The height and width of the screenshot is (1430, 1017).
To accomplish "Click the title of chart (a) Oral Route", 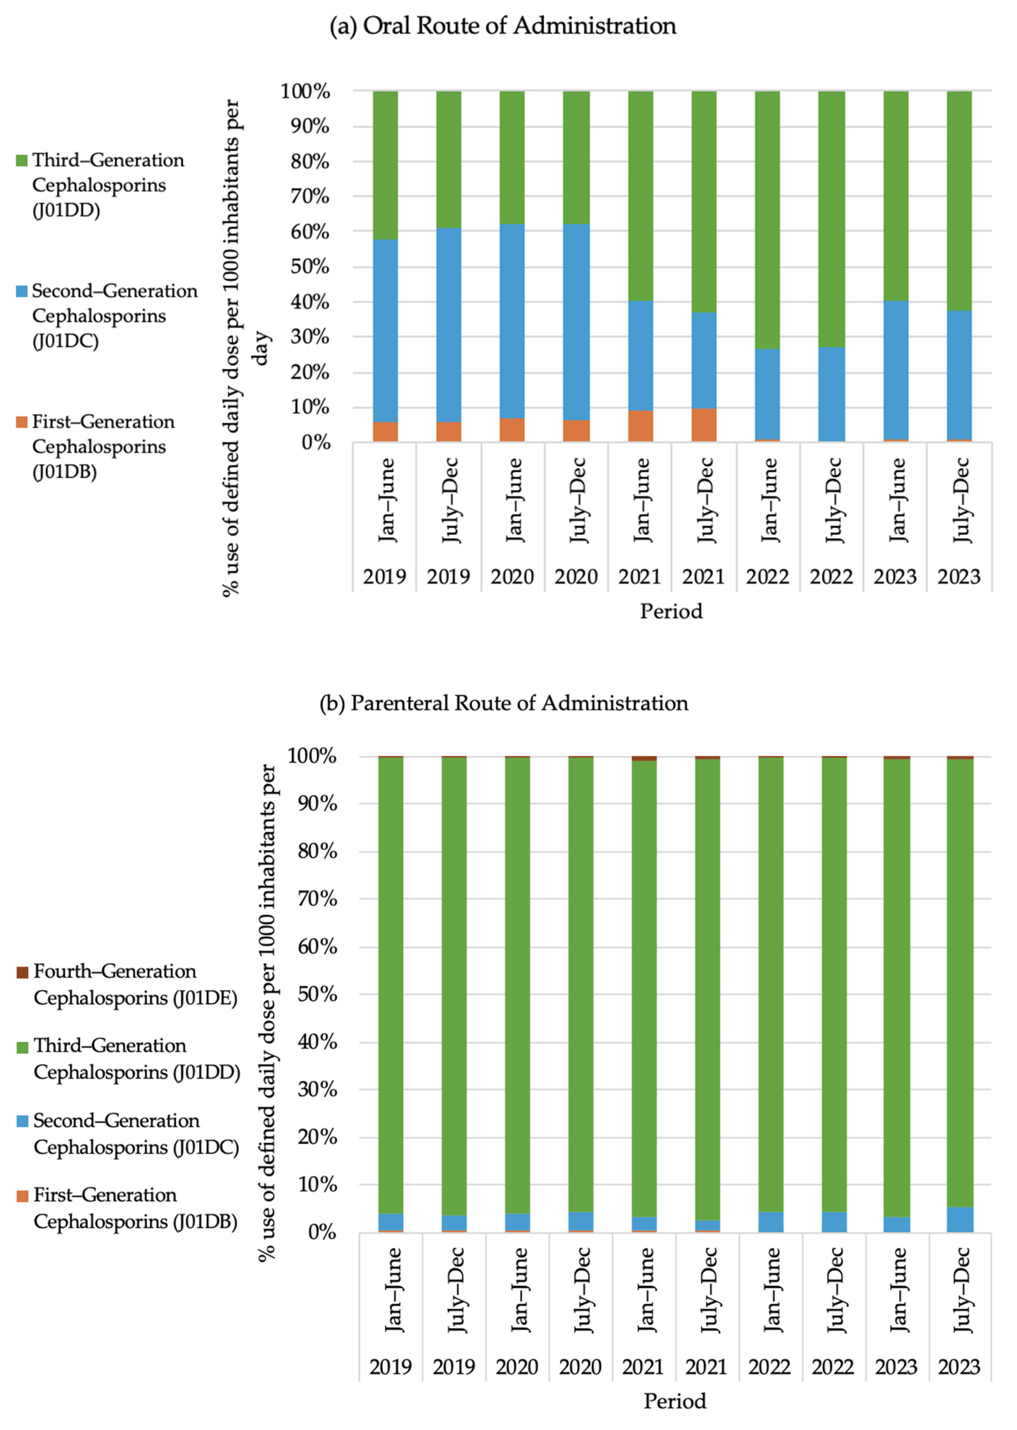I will click(503, 26).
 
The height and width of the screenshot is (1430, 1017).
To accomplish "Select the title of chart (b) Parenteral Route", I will click(504, 703).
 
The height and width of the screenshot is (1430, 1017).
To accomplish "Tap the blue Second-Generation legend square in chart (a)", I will click(22, 291).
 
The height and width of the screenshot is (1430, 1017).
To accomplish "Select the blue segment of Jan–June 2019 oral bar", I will click(385, 331).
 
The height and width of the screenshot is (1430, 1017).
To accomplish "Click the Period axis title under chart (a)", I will click(671, 611).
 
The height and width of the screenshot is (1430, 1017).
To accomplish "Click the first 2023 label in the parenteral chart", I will click(896, 1366).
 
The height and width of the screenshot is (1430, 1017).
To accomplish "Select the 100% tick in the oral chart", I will click(305, 92).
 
